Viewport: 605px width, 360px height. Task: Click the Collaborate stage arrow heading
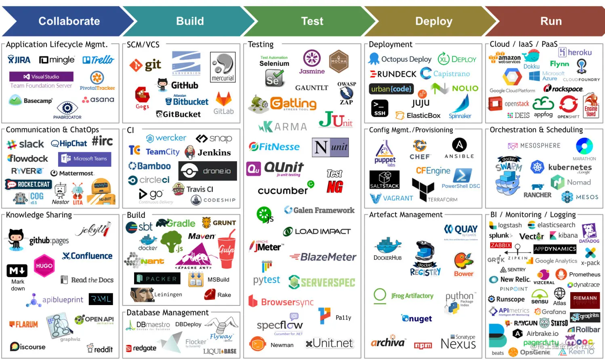[69, 21]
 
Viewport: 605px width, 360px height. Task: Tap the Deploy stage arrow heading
[434, 21]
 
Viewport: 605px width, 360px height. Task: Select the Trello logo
[98, 60]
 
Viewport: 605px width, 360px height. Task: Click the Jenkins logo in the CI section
[208, 152]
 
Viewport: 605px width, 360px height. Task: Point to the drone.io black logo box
[208, 171]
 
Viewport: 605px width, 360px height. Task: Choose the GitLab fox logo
[223, 103]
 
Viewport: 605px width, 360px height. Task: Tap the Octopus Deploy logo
[400, 59]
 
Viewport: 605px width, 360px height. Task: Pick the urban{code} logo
[391, 88]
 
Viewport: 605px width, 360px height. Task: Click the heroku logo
[575, 52]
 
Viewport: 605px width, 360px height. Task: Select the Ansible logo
[459, 148]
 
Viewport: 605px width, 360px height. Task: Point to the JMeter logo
[266, 246]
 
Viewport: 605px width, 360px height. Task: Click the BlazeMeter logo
[323, 257]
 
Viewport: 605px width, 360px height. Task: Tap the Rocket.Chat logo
[28, 184]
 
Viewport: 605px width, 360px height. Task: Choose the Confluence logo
[87, 256]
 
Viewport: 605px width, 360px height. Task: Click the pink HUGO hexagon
[44, 265]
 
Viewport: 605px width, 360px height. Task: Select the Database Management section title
[168, 312]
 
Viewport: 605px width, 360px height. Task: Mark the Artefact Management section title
[405, 215]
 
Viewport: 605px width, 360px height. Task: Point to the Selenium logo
[274, 71]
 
